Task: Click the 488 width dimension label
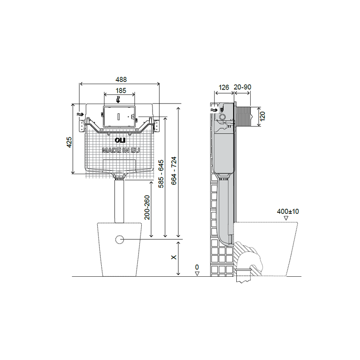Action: click(121, 80)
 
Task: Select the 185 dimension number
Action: click(121, 90)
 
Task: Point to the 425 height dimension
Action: click(69, 142)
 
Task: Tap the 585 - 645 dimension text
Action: click(161, 174)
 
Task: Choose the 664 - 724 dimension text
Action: click(174, 171)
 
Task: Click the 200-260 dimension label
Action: click(147, 207)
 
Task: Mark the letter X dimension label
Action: click(174, 257)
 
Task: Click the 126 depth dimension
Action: click(224, 87)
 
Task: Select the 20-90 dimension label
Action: click(243, 87)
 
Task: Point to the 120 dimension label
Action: click(263, 116)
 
